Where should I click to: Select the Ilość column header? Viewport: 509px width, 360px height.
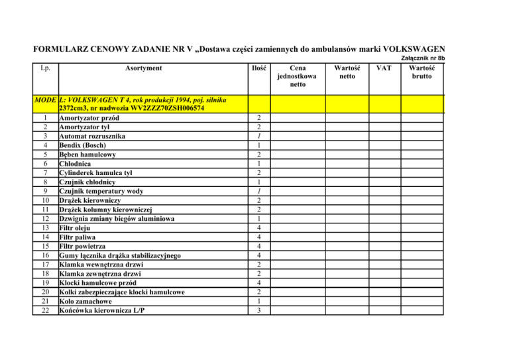(x=260, y=68)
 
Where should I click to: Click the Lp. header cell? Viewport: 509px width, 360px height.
(x=44, y=68)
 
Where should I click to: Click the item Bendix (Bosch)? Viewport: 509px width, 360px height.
(x=85, y=145)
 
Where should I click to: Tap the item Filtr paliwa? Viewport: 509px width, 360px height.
(x=79, y=237)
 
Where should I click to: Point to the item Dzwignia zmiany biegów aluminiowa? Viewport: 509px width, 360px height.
(x=127, y=218)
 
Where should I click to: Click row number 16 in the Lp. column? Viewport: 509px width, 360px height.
(x=44, y=255)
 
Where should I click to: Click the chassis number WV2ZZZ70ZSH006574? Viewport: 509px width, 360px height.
(x=188, y=109)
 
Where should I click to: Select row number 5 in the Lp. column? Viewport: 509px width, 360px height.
(x=44, y=154)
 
